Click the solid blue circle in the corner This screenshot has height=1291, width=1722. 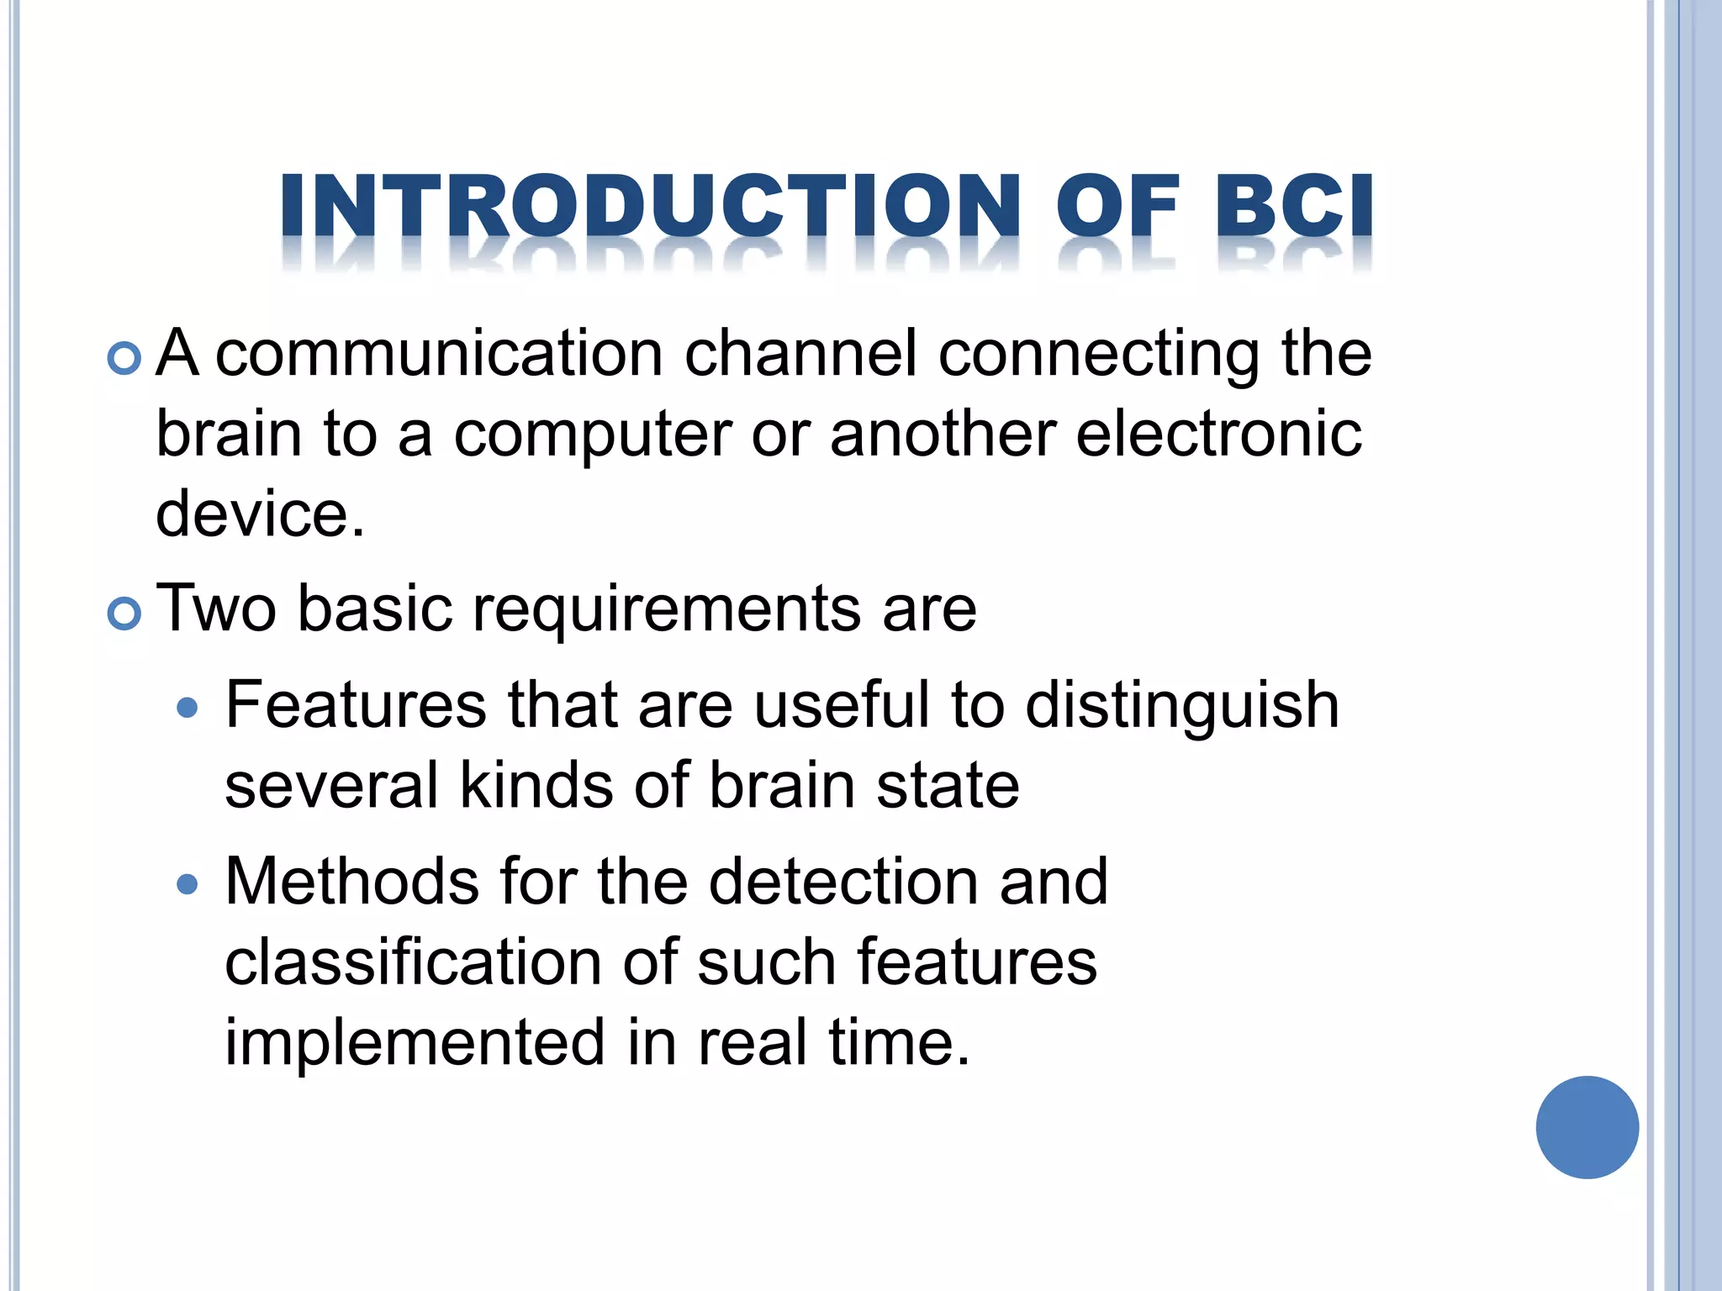1587,1127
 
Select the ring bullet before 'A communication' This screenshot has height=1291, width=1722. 124,359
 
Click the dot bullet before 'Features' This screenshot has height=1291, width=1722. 188,708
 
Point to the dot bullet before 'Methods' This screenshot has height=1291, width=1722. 188,884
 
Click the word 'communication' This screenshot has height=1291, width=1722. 440,354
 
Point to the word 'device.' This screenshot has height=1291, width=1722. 261,514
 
